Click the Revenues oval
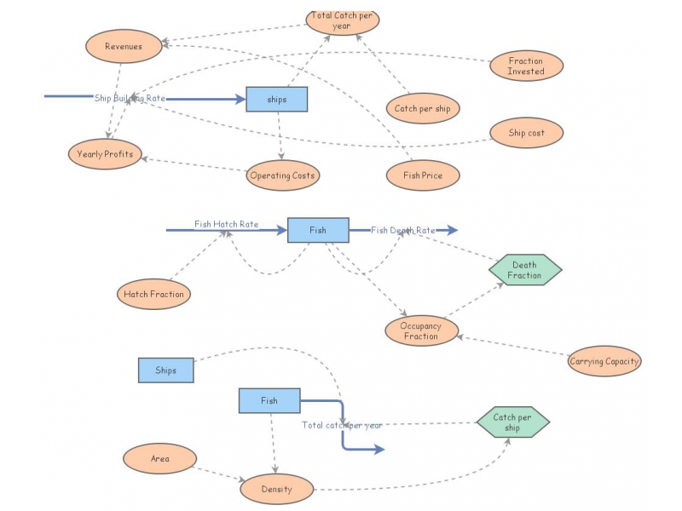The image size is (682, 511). (124, 46)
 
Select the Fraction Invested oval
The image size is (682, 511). (526, 66)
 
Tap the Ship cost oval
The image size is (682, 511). (526, 133)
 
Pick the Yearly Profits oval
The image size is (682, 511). (105, 154)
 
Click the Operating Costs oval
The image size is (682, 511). (282, 175)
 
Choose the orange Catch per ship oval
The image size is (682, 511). (422, 109)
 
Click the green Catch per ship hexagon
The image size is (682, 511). (511, 422)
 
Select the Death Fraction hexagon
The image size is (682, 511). (524, 270)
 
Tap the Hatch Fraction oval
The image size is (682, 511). (153, 295)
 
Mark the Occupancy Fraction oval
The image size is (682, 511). (420, 331)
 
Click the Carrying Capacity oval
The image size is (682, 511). (604, 361)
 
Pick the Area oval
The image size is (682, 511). (159, 459)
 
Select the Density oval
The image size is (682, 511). (276, 489)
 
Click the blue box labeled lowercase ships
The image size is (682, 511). (277, 100)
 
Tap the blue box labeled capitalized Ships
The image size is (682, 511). (165, 370)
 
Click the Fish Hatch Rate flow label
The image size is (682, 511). (226, 225)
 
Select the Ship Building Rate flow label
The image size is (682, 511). (130, 98)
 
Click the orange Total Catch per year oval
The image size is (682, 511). (342, 21)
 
